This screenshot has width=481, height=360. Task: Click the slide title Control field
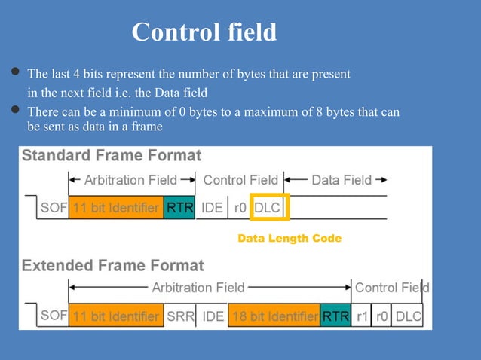pos(204,32)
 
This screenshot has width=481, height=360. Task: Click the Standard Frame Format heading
pos(112,156)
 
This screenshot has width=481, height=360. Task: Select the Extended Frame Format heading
pos(113,265)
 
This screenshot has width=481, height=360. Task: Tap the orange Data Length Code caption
pos(290,238)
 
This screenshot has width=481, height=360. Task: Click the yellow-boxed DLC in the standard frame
pos(268,207)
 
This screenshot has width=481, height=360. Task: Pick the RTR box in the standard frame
pos(180,207)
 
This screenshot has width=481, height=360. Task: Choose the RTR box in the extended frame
pos(335,316)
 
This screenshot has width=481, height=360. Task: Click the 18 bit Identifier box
pos(274,316)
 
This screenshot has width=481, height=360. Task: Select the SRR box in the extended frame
pos(179,316)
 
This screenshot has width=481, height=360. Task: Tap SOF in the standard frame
pos(53,207)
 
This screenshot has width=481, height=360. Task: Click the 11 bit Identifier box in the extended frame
pos(115,316)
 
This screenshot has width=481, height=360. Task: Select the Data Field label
pos(342,180)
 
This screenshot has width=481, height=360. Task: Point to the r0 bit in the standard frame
pos(240,207)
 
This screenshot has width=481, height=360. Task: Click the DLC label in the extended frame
pos(409,316)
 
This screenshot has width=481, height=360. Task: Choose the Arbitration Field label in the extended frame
pos(198,288)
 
